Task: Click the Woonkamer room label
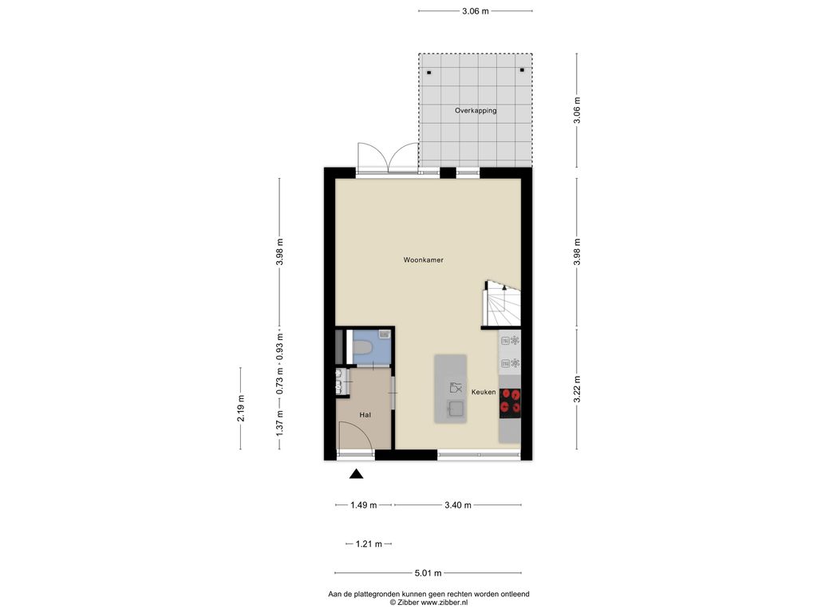(423, 259)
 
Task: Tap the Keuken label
(483, 392)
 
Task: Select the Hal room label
(365, 415)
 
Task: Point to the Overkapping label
(476, 110)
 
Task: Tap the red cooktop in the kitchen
(510, 402)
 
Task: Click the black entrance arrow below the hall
(357, 473)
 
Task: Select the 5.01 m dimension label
(428, 573)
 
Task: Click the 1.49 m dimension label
(364, 505)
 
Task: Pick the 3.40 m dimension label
(458, 505)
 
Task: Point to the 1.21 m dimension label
(369, 544)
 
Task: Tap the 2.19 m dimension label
(241, 408)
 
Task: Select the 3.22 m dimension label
(577, 390)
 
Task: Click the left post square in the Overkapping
(428, 73)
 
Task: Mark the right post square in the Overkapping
(522, 70)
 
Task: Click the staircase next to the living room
(503, 304)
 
